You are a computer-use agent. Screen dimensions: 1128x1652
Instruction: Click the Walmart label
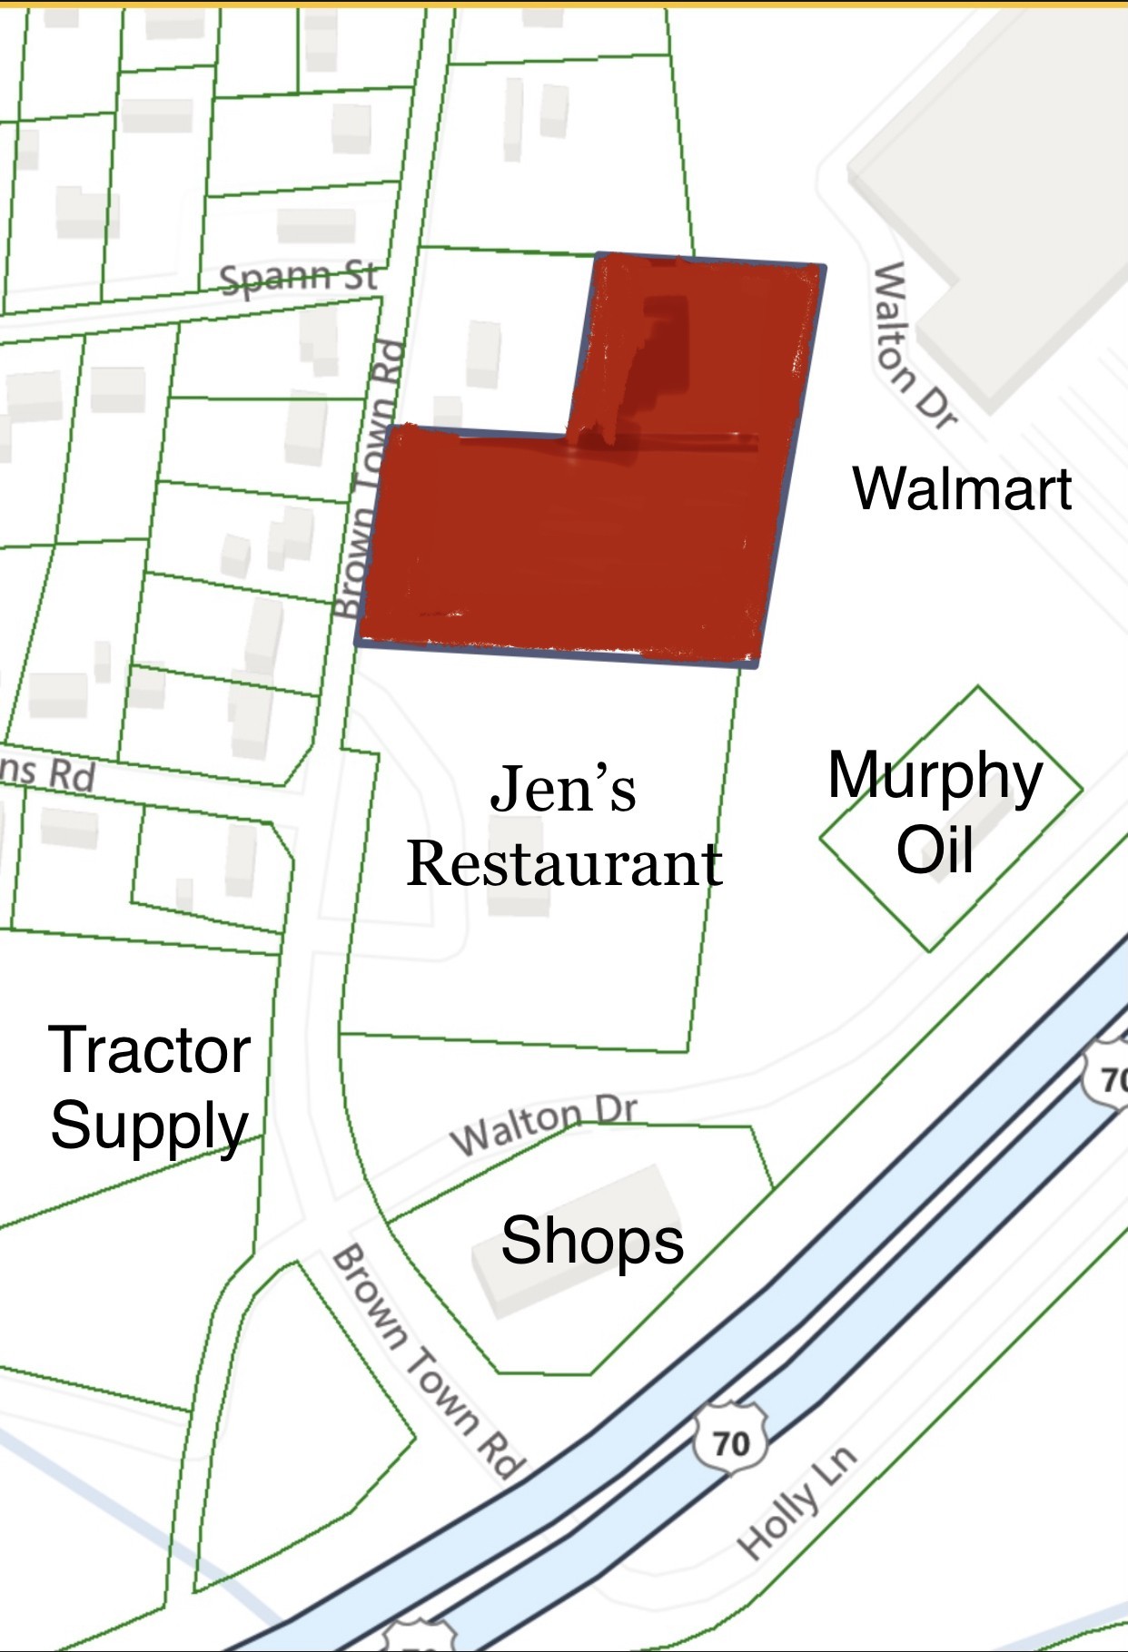pyautogui.click(x=962, y=488)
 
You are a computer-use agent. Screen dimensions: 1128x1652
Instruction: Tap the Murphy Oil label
pyautogui.click(x=935, y=812)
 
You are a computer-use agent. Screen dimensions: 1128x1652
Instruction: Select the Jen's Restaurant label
pyautogui.click(x=564, y=826)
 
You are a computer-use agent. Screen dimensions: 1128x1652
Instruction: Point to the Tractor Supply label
pyautogui.click(x=150, y=1087)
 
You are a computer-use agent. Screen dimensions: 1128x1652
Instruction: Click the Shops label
pyautogui.click(x=592, y=1240)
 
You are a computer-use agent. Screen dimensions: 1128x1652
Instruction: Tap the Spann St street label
pyautogui.click(x=299, y=277)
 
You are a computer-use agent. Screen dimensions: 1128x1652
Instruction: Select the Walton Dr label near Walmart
pyautogui.click(x=914, y=345)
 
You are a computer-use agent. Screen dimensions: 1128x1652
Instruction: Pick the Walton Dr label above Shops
pyautogui.click(x=544, y=1126)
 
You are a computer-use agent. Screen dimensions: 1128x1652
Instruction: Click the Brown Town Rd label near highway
pyautogui.click(x=428, y=1362)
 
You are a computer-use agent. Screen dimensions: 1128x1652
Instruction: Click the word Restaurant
pyautogui.click(x=564, y=864)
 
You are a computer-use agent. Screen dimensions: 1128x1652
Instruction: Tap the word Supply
pyautogui.click(x=150, y=1126)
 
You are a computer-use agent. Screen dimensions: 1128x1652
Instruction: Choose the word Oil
pyautogui.click(x=935, y=851)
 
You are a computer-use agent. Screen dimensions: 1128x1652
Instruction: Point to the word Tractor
pyautogui.click(x=150, y=1050)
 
